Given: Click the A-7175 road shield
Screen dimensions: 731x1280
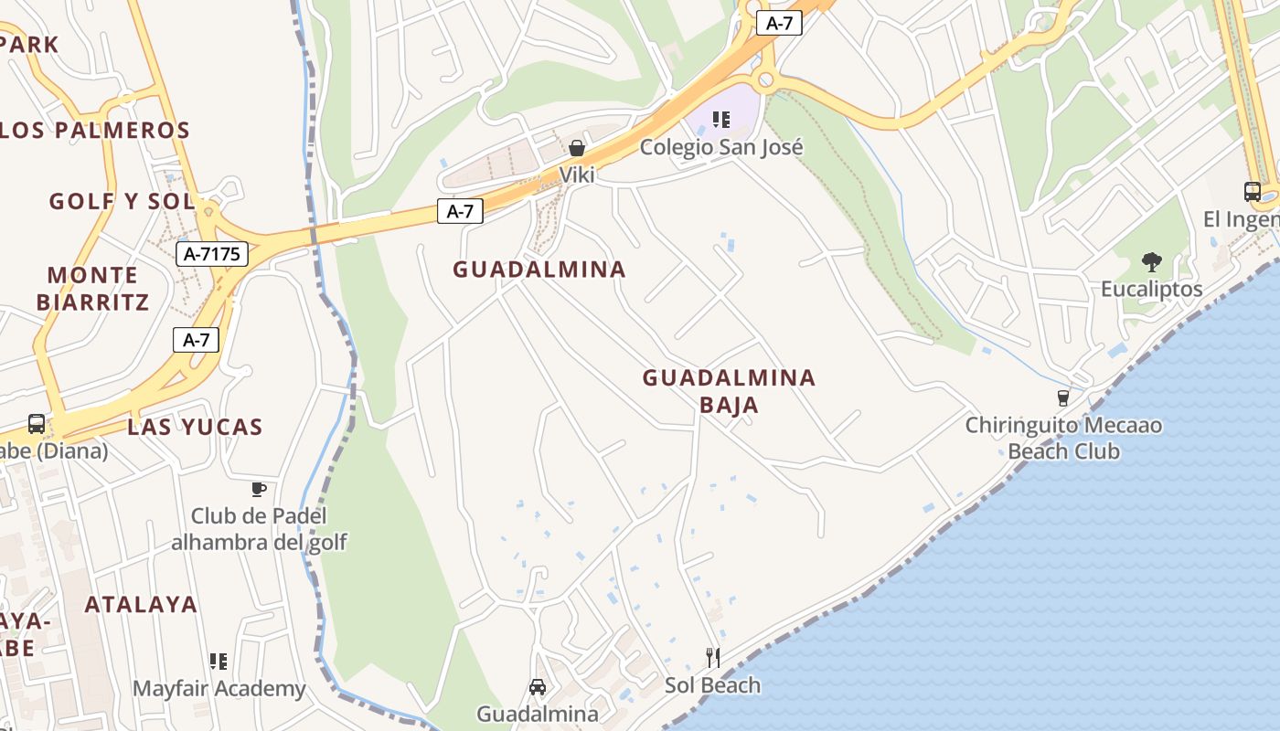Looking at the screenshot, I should (x=213, y=254).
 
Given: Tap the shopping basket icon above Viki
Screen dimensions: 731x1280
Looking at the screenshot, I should (x=577, y=148).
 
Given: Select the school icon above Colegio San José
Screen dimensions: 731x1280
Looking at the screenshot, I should (x=721, y=120).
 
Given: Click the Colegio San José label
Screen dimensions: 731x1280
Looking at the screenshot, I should (x=721, y=147).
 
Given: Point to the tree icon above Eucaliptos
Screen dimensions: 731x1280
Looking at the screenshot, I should (x=1151, y=262).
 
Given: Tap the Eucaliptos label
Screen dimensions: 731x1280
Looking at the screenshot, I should (x=1151, y=290).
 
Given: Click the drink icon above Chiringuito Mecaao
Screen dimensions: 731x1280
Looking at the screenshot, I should (x=1062, y=397).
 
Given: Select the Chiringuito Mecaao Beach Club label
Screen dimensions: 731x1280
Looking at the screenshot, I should (x=1064, y=438).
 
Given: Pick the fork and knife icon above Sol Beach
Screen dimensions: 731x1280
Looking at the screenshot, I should (x=712, y=657).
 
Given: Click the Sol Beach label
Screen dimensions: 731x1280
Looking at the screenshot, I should (x=712, y=685).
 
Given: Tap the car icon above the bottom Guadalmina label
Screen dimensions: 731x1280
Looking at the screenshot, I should (x=538, y=686).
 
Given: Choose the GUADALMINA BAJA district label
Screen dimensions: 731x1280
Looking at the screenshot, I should (x=729, y=390).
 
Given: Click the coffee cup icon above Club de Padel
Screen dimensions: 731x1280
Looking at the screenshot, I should (x=259, y=489).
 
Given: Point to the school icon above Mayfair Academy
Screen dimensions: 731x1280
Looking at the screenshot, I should (x=219, y=661).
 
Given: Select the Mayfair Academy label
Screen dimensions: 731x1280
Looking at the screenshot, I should (x=219, y=689).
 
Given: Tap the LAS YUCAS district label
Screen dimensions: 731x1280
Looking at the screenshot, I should (x=195, y=427).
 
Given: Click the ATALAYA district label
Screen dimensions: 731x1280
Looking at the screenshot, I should (x=141, y=604).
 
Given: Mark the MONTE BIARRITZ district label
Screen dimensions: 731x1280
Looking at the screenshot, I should (x=92, y=288).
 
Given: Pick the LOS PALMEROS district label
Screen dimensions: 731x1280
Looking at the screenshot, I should (x=95, y=130).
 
